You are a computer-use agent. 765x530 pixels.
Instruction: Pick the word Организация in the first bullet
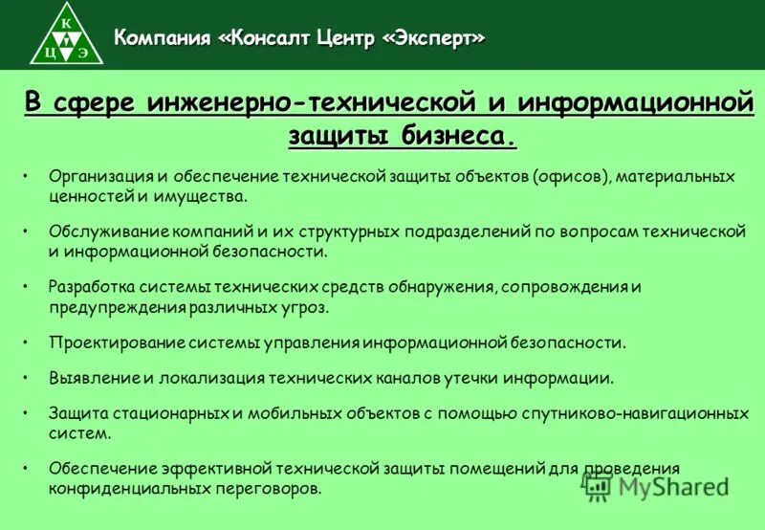pos(100,177)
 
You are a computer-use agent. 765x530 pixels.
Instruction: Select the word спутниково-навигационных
pos(635,414)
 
